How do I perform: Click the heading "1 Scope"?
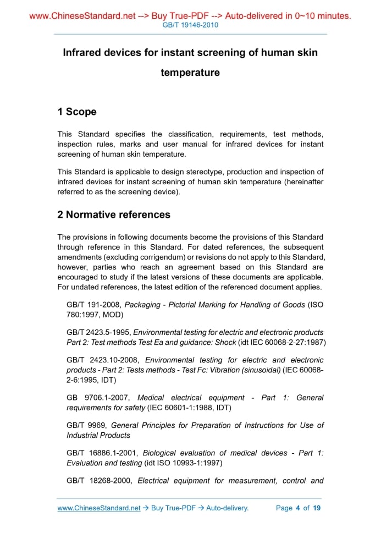coord(77,112)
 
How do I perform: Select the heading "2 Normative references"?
coord(114,215)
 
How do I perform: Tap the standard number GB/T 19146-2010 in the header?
coord(190,25)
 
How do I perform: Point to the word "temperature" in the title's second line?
coord(190,73)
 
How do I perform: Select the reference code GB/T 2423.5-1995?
coord(98,332)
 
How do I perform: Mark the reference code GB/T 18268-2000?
coord(100,481)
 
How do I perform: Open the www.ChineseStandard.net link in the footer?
coord(99,508)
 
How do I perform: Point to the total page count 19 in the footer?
coord(317,508)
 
